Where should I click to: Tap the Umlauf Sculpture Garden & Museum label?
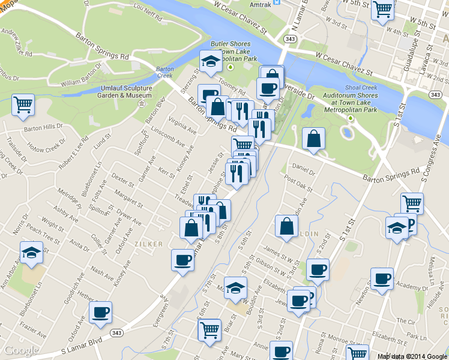[x=125, y=92]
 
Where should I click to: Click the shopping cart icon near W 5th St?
[x=382, y=10]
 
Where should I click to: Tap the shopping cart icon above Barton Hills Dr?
[x=23, y=105]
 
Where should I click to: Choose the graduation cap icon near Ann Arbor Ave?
[x=31, y=253]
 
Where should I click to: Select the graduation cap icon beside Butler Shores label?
[x=211, y=61]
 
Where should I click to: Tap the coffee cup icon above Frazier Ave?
[x=101, y=312]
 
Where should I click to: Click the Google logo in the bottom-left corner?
[x=21, y=350]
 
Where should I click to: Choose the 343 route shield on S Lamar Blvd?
[x=116, y=332]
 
